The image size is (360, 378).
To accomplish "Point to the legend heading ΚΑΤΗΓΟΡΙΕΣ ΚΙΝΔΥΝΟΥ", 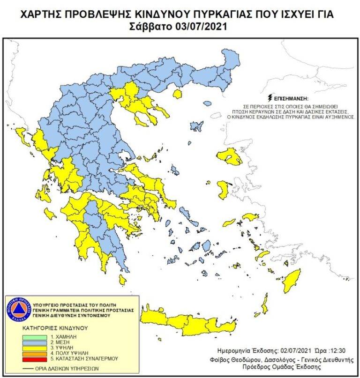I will tap(52, 329).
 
